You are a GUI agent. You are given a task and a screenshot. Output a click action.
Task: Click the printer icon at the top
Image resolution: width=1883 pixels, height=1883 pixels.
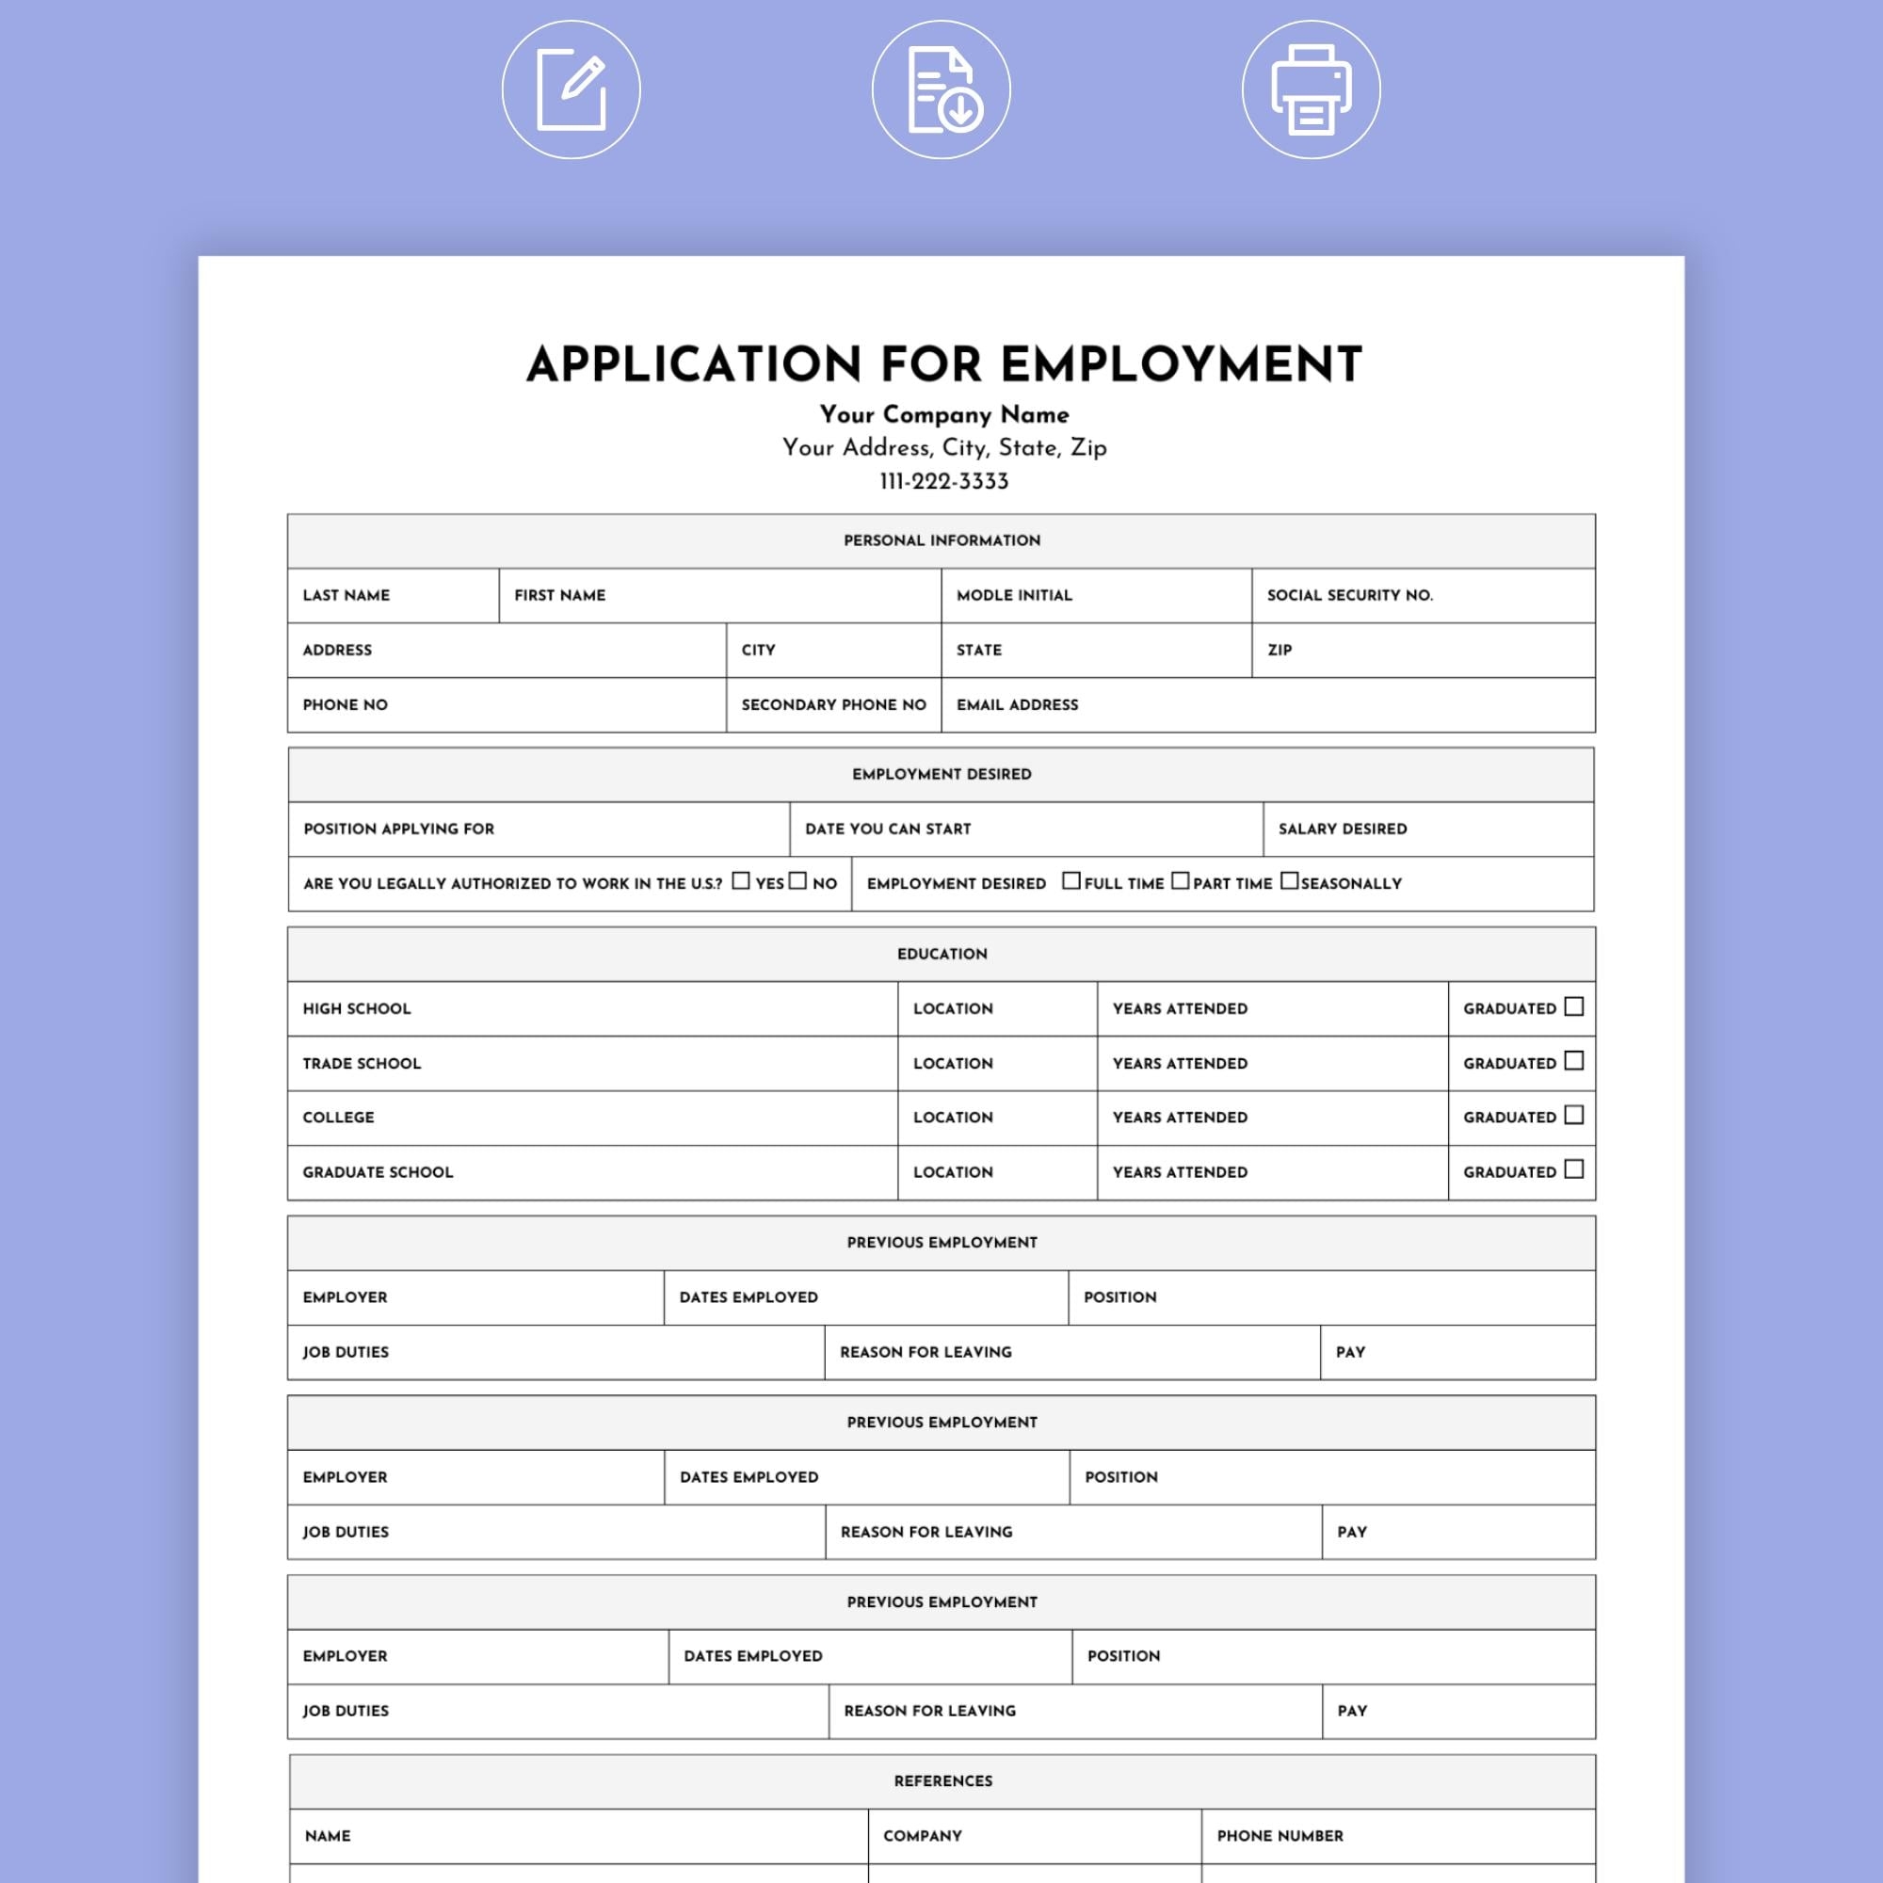pyautogui.click(x=1311, y=89)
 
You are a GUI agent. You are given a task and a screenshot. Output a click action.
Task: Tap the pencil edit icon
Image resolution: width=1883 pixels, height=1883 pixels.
pyautogui.click(x=571, y=89)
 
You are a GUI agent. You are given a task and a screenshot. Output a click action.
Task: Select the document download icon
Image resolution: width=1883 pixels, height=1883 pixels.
pyautogui.click(x=941, y=89)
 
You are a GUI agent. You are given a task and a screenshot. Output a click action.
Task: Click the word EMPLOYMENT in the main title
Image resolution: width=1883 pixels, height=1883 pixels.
pyautogui.click(x=1182, y=365)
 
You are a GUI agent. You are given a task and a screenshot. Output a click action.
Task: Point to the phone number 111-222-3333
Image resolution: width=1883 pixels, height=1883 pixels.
pyautogui.click(x=943, y=481)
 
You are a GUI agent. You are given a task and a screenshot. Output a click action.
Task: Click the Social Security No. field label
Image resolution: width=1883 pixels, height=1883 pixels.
pyautogui.click(x=1350, y=596)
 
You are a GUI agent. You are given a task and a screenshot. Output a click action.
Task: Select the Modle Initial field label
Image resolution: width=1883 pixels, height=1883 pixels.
pyautogui.click(x=1014, y=596)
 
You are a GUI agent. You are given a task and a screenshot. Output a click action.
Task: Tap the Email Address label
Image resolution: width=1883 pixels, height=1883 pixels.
pyautogui.click(x=1017, y=704)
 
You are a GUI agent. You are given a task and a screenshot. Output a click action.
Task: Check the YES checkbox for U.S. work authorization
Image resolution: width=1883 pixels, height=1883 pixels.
pyautogui.click(x=741, y=881)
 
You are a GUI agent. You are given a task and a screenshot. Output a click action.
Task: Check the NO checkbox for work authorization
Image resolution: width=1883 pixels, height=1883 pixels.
pyautogui.click(x=798, y=881)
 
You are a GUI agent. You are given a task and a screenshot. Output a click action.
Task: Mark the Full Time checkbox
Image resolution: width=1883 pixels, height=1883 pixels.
pyautogui.click(x=1071, y=881)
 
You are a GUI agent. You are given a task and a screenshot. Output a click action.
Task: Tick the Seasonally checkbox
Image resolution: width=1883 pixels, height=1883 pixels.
pyautogui.click(x=1289, y=881)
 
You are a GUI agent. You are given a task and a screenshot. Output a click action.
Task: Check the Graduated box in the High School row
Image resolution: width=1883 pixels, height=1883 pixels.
pyautogui.click(x=1574, y=1006)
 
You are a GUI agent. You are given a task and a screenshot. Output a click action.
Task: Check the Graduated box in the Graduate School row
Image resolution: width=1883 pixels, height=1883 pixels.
pyautogui.click(x=1574, y=1169)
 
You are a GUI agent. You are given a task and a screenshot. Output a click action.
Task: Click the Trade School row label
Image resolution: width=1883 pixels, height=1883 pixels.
pyautogui.click(x=362, y=1063)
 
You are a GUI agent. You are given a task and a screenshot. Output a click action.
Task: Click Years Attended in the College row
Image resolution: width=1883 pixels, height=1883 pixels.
pyautogui.click(x=1180, y=1118)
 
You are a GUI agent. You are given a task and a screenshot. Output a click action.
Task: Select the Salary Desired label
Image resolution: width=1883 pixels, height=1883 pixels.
pyautogui.click(x=1342, y=829)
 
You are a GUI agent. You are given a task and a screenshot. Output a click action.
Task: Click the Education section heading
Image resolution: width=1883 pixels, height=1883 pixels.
pyautogui.click(x=941, y=954)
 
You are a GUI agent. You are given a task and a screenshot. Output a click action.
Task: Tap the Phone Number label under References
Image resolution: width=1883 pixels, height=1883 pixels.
pyautogui.click(x=1279, y=1836)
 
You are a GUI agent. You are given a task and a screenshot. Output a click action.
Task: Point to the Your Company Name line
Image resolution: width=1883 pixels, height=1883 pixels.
pyautogui.click(x=943, y=415)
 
